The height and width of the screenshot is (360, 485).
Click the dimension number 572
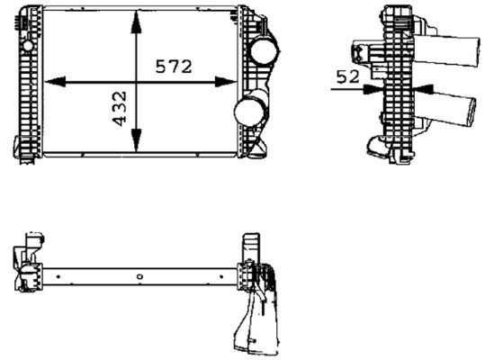pos(174,67)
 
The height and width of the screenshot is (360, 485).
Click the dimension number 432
pos(120,109)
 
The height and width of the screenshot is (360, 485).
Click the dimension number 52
pos(348,76)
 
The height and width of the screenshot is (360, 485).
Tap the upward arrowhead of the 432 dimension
pos(136,22)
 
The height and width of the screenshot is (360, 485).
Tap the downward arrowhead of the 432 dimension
pos(136,140)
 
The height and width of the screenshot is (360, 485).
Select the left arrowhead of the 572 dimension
pos(55,82)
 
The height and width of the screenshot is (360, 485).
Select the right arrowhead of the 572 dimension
pos(226,82)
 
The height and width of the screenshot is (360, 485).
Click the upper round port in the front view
pos(264,51)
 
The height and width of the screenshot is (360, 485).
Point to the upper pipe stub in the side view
pos(447,51)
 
